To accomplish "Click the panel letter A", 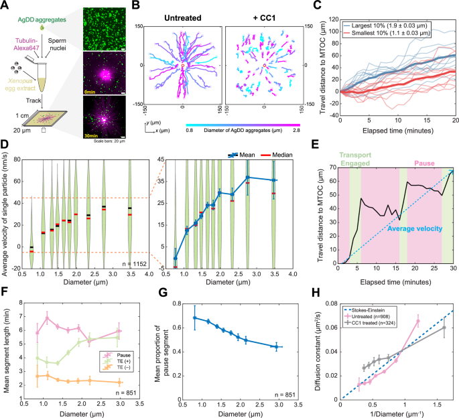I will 5,6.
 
